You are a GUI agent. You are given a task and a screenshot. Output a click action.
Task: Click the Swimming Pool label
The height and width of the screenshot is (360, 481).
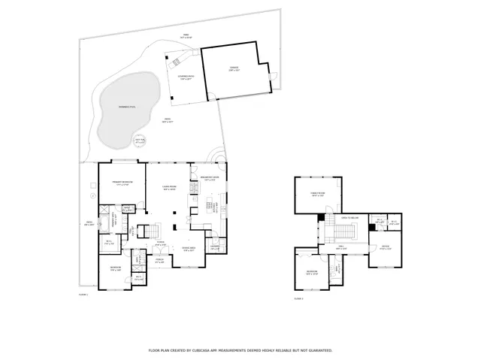tap(127, 107)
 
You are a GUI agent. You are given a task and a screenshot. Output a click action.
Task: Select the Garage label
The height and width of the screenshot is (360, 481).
tap(234, 68)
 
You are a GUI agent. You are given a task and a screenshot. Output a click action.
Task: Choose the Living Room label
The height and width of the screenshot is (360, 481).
tap(169, 188)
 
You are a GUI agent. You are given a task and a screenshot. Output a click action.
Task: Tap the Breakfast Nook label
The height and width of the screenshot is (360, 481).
tap(210, 179)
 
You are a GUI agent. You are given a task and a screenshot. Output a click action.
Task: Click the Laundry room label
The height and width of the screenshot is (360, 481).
tap(214, 247)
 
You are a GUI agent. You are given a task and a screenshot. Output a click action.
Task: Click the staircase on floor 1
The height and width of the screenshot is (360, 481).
tap(152, 229)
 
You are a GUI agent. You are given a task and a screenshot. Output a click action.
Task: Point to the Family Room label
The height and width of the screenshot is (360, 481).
tap(318, 194)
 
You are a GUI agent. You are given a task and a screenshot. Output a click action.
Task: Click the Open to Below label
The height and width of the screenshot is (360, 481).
tap(349, 217)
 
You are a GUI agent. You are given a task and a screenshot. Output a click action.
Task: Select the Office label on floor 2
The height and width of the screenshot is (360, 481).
tap(386, 247)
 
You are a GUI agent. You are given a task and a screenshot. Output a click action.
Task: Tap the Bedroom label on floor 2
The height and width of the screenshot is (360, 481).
tap(311, 272)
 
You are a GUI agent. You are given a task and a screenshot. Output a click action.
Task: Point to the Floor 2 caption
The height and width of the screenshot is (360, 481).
tap(298, 298)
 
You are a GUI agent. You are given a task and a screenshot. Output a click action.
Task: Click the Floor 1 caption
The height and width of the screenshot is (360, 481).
tap(83, 295)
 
